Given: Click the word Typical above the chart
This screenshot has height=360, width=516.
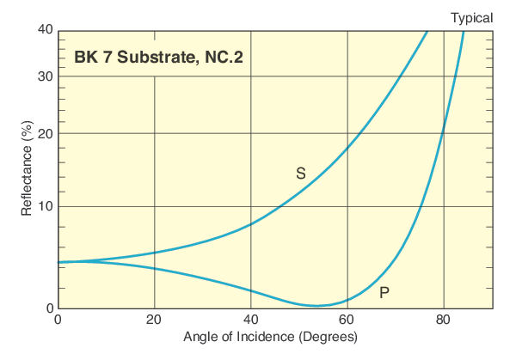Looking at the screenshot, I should pos(471,17).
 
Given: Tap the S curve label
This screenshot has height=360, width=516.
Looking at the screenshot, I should pos(300,173).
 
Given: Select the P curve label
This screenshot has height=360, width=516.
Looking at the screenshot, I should pos(384,293).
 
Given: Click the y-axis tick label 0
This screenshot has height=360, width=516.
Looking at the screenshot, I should pos(49,308).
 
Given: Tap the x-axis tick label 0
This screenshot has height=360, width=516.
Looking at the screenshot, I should pos(58,321).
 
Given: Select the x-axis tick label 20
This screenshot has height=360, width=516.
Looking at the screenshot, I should pos(154,321).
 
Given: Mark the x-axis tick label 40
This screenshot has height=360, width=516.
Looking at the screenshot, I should pos(250,321).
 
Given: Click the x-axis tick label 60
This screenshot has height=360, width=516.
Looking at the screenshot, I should pos(347,321).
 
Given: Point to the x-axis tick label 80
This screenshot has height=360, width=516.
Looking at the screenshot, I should pos(444,321).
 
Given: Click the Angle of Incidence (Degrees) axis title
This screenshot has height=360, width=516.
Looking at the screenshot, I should pos(270,338).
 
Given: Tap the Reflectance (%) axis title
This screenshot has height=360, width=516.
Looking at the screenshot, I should pos(27,169).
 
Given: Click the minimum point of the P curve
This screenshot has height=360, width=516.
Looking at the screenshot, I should pos(317,306).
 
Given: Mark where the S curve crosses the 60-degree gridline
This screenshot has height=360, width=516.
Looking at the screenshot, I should pos(347,149).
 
